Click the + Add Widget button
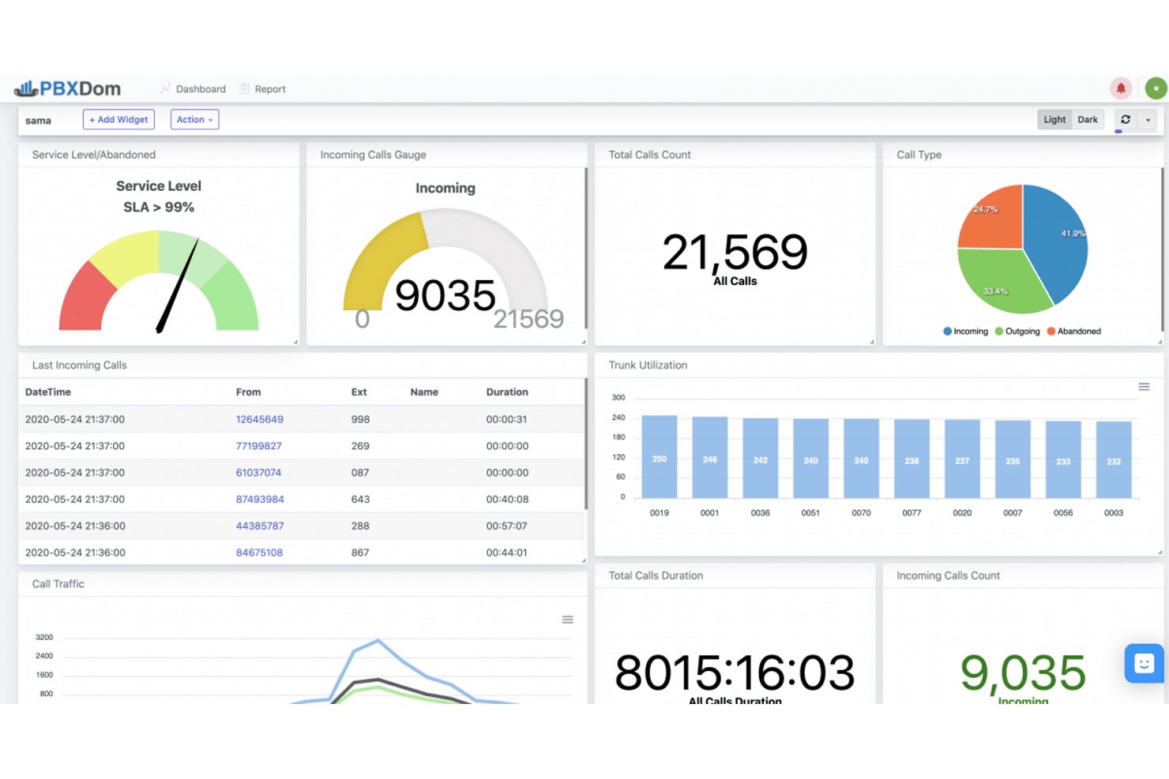tap(118, 119)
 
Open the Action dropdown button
tap(194, 119)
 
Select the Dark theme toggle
tap(1088, 119)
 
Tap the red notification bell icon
tap(1121, 88)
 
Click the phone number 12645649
tap(259, 419)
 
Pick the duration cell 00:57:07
tap(507, 526)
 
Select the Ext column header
tap(359, 391)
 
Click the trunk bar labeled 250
tap(659, 456)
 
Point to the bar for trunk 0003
tap(1114, 459)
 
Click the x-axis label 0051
tap(810, 512)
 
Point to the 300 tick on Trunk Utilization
tap(618, 397)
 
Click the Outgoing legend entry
tap(1017, 331)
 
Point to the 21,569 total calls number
tap(735, 253)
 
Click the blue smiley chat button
tap(1144, 663)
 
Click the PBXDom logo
tap(67, 88)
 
